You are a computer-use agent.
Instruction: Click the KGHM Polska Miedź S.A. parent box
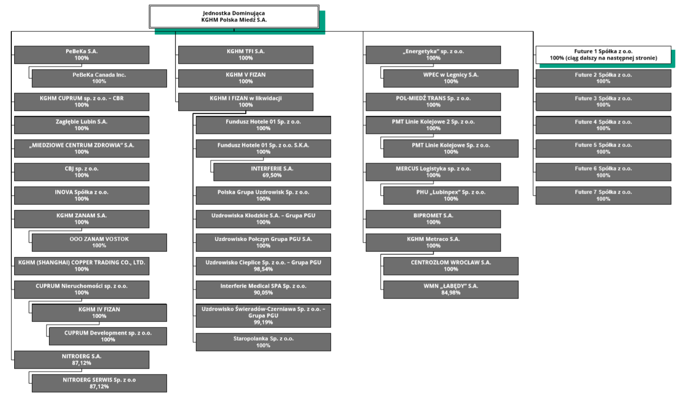click(x=234, y=17)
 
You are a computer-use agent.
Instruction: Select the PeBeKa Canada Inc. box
click(x=99, y=78)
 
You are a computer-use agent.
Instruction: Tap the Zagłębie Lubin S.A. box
click(x=82, y=125)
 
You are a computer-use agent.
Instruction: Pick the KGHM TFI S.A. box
click(x=246, y=55)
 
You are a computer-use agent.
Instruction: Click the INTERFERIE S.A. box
click(x=272, y=172)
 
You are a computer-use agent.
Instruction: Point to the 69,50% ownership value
click(x=272, y=175)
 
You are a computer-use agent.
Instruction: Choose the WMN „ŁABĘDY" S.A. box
click(x=451, y=290)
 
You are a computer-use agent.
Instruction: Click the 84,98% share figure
click(x=451, y=293)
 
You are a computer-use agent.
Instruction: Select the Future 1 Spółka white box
click(x=603, y=55)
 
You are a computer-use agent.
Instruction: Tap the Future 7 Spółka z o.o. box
click(x=603, y=196)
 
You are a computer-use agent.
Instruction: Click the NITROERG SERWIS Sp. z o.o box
click(x=99, y=383)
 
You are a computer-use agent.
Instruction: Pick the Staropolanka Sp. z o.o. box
click(x=263, y=342)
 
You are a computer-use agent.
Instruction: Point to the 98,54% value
click(x=263, y=269)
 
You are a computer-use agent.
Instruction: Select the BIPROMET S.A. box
click(x=433, y=219)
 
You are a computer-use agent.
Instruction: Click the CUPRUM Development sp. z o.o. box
click(x=108, y=336)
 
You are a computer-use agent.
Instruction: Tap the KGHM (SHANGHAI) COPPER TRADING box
click(x=82, y=266)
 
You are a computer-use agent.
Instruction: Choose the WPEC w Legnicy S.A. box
click(x=451, y=78)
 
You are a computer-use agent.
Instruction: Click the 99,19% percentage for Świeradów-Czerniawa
click(x=263, y=323)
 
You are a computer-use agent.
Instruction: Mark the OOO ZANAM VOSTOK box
click(x=99, y=243)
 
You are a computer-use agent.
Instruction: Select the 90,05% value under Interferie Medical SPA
click(x=263, y=293)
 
